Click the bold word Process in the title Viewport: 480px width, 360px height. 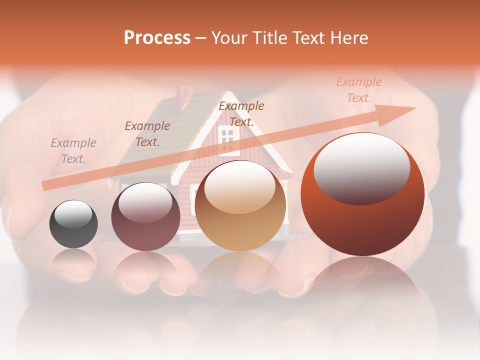(x=157, y=38)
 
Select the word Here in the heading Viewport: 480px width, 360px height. (x=350, y=38)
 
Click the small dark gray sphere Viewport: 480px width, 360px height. (x=73, y=224)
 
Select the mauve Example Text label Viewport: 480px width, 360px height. (x=147, y=134)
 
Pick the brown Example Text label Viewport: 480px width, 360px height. (x=241, y=114)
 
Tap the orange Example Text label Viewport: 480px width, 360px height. (x=358, y=90)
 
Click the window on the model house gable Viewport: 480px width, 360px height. (x=228, y=135)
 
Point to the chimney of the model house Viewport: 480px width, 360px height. (x=186, y=93)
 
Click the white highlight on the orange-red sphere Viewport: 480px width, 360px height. (x=361, y=167)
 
